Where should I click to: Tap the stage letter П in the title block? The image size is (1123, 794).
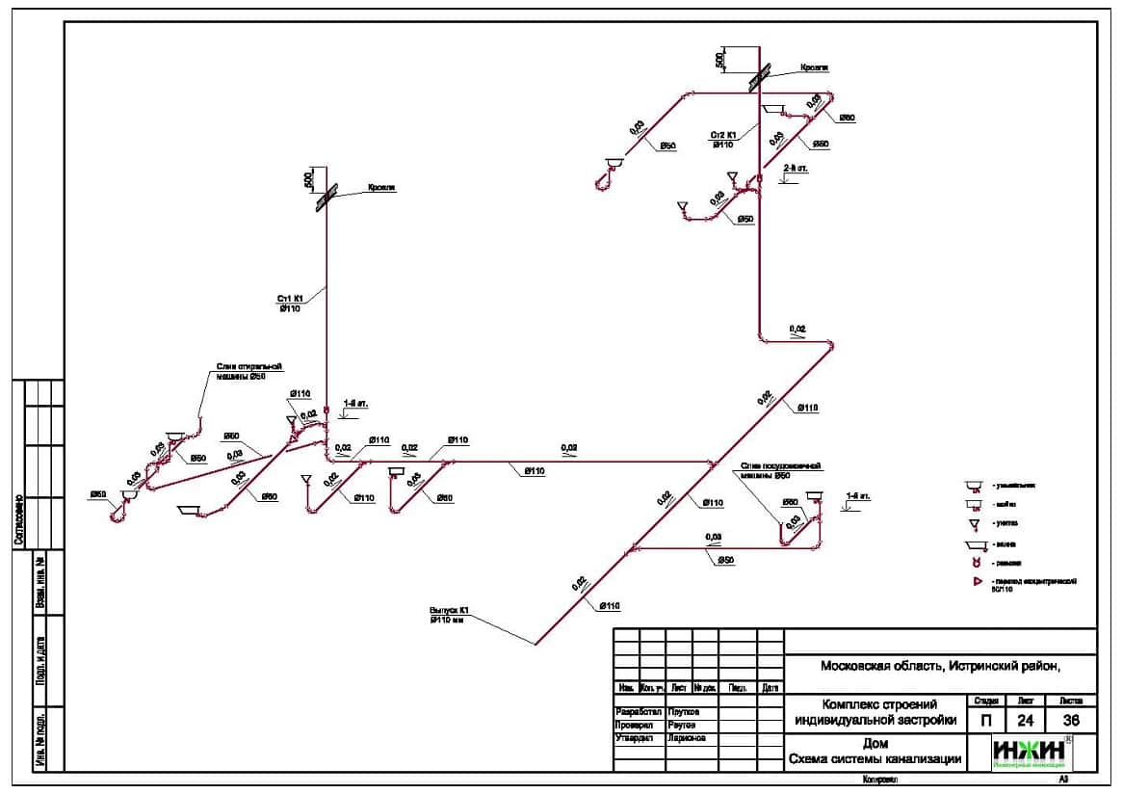click(985, 720)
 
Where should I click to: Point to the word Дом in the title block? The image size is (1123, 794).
click(875, 743)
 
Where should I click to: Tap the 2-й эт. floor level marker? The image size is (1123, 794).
click(796, 168)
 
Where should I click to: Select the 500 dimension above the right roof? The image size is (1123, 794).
click(719, 60)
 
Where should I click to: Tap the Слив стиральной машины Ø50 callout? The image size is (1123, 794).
click(247, 371)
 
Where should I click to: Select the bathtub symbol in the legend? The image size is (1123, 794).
click(975, 543)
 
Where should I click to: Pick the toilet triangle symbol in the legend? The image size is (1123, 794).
click(975, 523)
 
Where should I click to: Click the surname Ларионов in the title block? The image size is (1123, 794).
click(686, 738)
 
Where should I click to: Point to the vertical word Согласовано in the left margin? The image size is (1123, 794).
click(18, 520)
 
